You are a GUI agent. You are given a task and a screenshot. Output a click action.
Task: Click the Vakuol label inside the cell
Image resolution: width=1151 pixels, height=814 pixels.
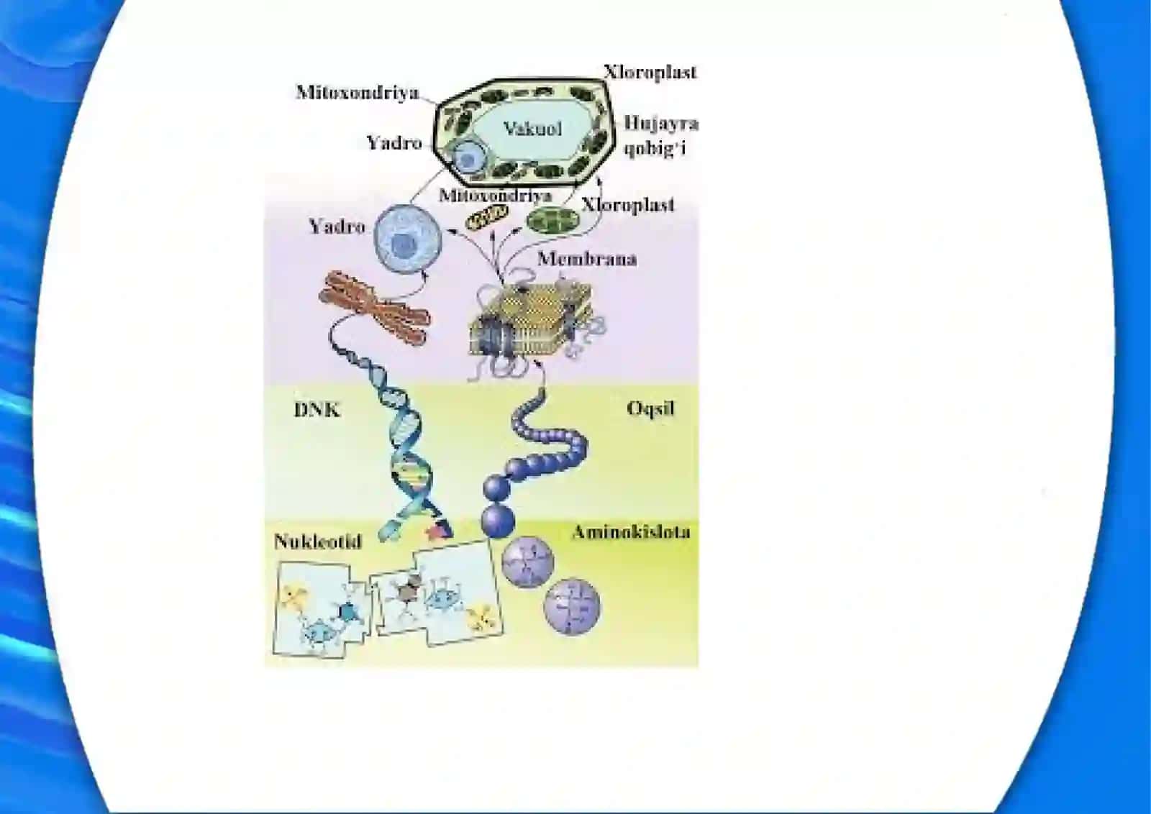click(532, 129)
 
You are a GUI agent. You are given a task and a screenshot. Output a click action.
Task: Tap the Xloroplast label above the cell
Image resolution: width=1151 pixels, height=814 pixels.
click(650, 72)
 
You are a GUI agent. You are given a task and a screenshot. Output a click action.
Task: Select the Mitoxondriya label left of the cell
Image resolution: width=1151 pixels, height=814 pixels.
click(358, 93)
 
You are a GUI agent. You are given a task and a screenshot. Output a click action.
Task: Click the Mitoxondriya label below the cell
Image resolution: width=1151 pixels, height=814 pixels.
click(496, 196)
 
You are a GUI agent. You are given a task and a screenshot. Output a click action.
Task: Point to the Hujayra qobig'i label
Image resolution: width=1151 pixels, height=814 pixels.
click(661, 136)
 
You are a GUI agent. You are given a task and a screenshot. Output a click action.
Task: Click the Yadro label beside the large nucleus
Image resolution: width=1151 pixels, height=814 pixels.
click(337, 227)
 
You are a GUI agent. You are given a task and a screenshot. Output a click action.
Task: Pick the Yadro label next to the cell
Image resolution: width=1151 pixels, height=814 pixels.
click(394, 142)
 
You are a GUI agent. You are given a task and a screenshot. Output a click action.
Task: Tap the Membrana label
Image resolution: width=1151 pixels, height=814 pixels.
click(587, 258)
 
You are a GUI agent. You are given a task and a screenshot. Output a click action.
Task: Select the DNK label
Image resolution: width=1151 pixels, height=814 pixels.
click(317, 410)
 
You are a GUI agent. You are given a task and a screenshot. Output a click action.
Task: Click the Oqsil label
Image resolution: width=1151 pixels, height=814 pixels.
click(650, 408)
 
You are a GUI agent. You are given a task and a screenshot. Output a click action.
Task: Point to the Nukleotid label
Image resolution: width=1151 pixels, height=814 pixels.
click(318, 541)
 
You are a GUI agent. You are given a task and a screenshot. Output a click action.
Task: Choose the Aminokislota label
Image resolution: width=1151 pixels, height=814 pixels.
click(632, 532)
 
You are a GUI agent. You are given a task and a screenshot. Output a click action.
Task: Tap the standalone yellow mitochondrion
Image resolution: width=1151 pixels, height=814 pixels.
click(486, 216)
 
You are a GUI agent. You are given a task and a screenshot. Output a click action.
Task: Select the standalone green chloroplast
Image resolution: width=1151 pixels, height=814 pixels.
click(553, 219)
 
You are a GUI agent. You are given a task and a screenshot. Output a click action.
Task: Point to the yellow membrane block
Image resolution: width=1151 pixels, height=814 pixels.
click(531, 321)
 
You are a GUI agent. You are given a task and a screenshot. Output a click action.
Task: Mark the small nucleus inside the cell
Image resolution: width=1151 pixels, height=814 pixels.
click(468, 157)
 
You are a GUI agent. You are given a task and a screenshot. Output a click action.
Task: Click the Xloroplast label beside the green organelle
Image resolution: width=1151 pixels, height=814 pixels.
click(628, 205)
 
